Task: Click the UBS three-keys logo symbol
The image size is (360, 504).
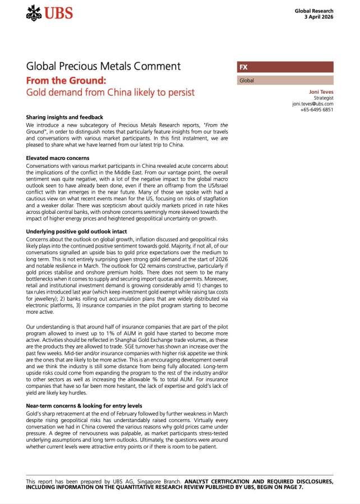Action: pyautogui.click(x=34, y=13)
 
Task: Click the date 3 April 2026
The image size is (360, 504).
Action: pyautogui.click(x=319, y=17)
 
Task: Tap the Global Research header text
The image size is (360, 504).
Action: pyautogui.click(x=314, y=11)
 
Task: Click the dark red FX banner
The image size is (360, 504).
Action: pyautogui.click(x=285, y=67)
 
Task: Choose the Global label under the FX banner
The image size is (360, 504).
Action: pyautogui.click(x=247, y=81)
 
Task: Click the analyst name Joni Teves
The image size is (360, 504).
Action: pyautogui.click(x=321, y=91)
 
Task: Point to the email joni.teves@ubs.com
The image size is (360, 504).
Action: pyautogui.click(x=312, y=104)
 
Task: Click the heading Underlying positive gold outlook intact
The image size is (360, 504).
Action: pyautogui.click(x=76, y=231)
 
